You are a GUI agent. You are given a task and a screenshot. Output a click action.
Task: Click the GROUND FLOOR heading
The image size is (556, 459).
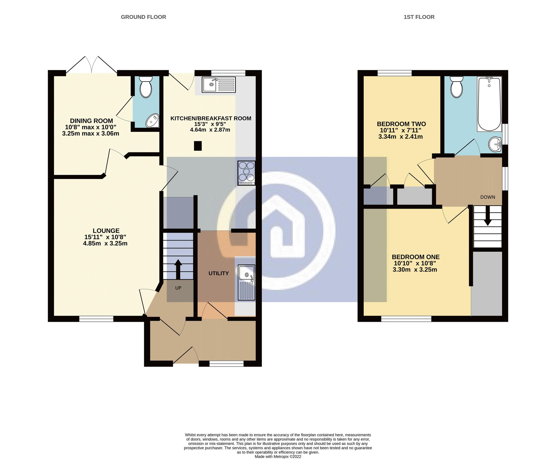click(x=143, y=17)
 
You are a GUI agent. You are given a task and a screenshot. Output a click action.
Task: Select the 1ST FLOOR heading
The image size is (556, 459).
click(x=419, y=17)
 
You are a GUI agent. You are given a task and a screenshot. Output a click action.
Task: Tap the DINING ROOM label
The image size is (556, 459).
click(x=91, y=121)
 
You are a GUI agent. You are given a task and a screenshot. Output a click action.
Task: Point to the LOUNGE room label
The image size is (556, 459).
click(x=106, y=231)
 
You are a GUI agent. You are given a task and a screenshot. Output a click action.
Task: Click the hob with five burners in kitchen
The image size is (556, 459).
click(x=246, y=173)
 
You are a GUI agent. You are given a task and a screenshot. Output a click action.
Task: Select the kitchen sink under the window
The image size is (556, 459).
click(x=218, y=84)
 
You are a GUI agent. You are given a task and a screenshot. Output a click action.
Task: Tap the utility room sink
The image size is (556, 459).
click(x=246, y=282)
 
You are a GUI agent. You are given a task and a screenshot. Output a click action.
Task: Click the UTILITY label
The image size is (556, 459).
click(x=218, y=273)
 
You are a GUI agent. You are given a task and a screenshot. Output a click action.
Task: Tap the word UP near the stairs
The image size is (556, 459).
click(x=178, y=288)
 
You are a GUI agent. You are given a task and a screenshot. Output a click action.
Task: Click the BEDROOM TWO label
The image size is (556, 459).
click(x=401, y=124)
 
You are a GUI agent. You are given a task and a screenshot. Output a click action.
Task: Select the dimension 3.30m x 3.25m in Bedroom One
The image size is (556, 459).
click(x=414, y=270)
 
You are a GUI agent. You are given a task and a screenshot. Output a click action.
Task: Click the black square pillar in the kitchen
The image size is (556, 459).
click(x=198, y=146)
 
